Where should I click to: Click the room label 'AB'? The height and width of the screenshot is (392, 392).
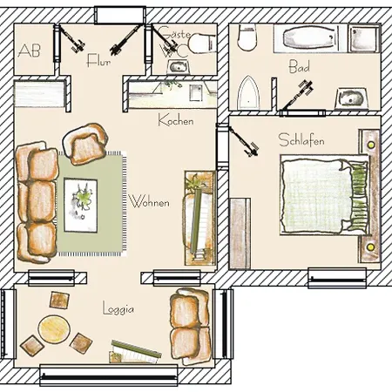(29, 51)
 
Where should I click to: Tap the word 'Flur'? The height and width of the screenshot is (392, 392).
(98, 60)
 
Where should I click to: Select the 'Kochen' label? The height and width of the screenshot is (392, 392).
(176, 120)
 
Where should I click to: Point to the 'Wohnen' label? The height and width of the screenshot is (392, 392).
(149, 202)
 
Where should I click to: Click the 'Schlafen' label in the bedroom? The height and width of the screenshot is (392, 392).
(301, 140)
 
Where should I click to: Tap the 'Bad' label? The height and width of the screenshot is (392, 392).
(300, 66)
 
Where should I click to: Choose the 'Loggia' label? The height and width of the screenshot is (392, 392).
(118, 308)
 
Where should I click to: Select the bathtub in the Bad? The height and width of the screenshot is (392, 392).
(310, 38)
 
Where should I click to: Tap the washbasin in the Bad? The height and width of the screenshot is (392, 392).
(351, 98)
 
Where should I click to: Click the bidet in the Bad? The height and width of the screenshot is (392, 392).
(247, 93)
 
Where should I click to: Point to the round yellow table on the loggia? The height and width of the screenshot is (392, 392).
(54, 329)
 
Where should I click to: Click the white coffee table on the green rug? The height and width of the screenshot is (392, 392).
(81, 206)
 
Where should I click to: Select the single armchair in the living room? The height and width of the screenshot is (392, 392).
(86, 144)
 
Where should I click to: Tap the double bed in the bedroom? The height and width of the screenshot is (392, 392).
(325, 194)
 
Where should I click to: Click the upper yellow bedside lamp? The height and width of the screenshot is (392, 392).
(371, 145)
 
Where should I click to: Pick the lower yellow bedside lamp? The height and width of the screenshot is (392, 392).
(370, 247)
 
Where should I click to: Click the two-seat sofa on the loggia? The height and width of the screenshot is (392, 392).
(191, 326)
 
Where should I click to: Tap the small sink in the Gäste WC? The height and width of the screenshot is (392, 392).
(178, 67)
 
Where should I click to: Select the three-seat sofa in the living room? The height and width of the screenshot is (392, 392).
(37, 202)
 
